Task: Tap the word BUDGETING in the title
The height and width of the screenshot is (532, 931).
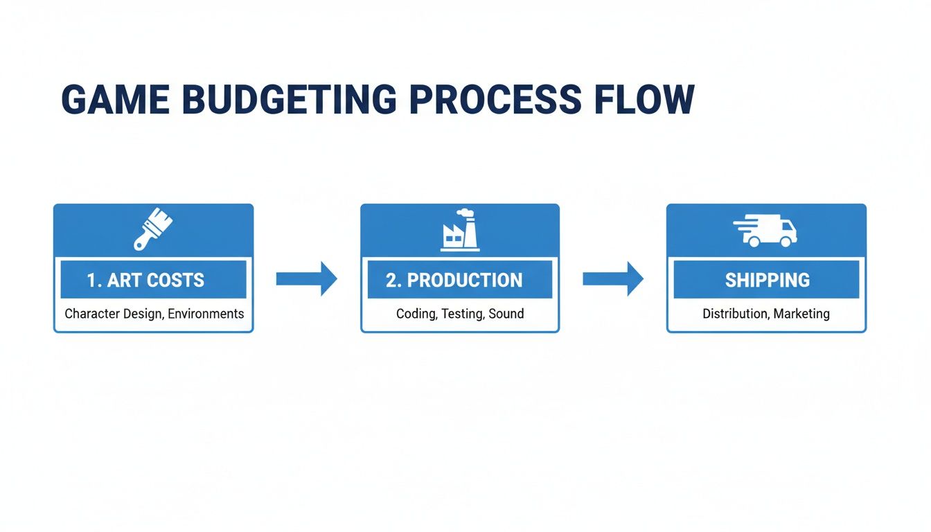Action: point(283,99)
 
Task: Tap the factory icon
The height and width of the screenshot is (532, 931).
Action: point(460,231)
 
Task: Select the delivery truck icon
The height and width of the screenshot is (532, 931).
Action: point(765,231)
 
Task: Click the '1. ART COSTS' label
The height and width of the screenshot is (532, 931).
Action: point(146,280)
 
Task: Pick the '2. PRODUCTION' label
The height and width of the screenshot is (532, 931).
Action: point(454,280)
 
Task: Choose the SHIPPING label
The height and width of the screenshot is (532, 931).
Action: point(767,280)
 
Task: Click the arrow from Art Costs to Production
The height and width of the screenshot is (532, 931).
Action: point(306,279)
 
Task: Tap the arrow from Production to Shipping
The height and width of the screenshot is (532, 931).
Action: point(612,279)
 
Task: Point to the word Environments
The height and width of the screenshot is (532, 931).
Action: point(206,314)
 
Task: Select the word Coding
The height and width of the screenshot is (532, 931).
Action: point(416,314)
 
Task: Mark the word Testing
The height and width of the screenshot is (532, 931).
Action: point(462,314)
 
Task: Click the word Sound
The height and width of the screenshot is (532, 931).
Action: point(506,314)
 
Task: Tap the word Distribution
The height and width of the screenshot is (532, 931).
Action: point(735,314)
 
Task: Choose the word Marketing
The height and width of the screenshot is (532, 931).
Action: point(801,314)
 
